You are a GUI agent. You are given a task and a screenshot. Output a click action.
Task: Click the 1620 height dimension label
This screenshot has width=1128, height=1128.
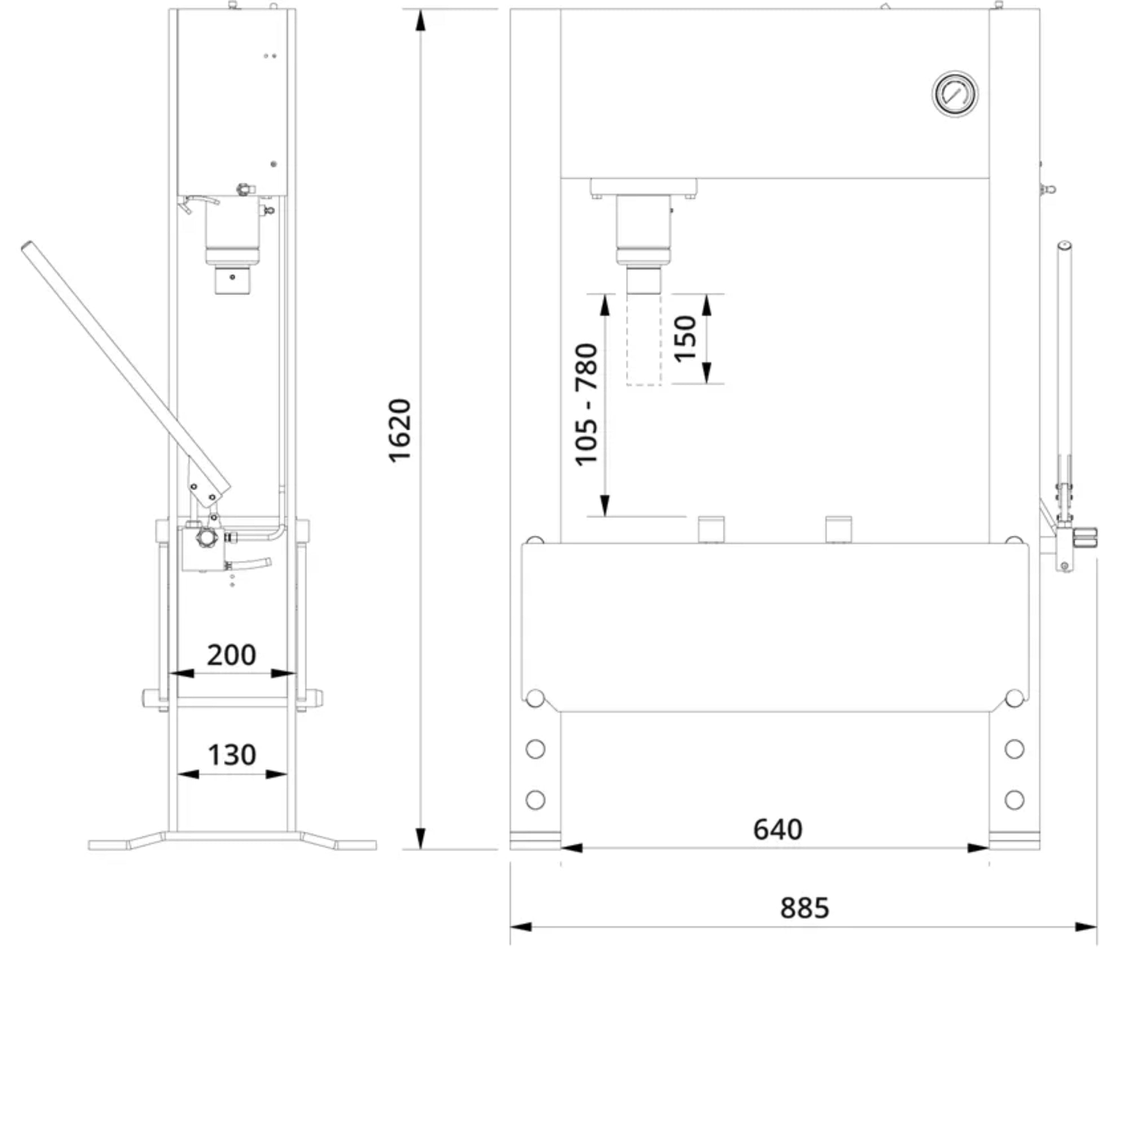tap(400, 431)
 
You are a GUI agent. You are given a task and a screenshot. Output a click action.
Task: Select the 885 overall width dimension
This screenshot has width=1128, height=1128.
tap(805, 908)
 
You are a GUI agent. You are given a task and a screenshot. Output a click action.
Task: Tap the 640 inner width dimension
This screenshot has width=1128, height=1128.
tap(778, 829)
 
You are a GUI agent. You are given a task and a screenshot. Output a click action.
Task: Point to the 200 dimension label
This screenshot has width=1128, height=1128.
tap(231, 655)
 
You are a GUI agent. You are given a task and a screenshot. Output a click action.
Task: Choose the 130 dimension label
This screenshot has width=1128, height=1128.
tap(232, 755)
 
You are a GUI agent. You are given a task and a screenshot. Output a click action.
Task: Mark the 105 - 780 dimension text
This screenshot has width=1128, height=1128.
tap(587, 404)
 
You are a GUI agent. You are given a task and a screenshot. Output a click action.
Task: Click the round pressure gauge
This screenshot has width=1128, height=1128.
tap(955, 94)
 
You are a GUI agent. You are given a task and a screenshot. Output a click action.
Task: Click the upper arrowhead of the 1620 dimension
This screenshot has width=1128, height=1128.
tap(420, 21)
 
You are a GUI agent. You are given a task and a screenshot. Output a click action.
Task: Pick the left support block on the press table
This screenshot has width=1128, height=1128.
tap(711, 529)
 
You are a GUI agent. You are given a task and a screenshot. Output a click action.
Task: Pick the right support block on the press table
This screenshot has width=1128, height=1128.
tap(839, 529)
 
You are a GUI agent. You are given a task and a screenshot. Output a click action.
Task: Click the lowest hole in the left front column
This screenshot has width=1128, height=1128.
tap(535, 799)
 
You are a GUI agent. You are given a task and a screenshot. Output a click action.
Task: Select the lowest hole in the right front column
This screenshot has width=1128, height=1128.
tap(1015, 799)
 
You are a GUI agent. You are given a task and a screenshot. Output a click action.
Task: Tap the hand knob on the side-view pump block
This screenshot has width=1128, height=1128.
tap(206, 537)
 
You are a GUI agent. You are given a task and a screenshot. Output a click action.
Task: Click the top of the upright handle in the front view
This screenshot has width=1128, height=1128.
tap(1064, 245)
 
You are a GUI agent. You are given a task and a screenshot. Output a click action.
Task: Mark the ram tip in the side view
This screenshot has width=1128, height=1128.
tap(232, 280)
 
